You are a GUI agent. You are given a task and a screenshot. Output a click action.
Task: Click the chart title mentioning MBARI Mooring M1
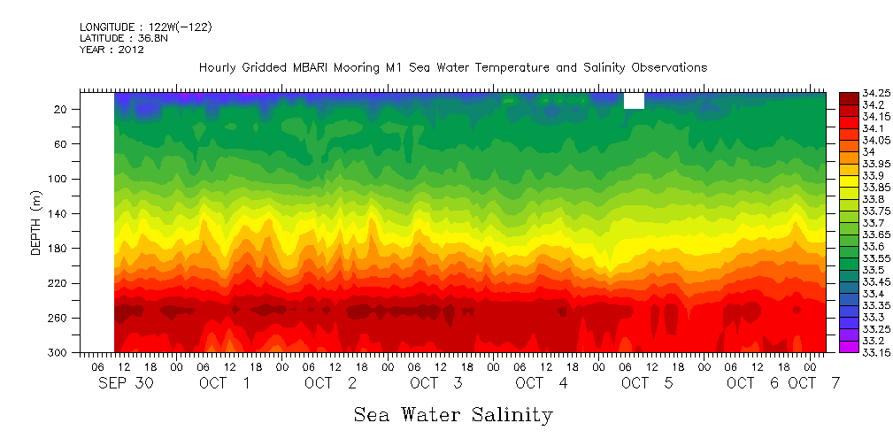click(453, 67)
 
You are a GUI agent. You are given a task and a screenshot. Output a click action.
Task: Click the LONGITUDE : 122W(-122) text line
click(145, 27)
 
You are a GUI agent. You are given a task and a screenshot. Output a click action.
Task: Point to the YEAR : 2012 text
click(112, 50)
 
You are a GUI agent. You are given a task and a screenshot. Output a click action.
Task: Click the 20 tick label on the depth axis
click(62, 109)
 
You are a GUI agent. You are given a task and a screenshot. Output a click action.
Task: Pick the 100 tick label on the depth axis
click(59, 179)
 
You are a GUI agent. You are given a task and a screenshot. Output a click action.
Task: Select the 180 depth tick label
click(59, 249)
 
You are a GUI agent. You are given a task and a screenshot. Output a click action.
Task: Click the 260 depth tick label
click(59, 318)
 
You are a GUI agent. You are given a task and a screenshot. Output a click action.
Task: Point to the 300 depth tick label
click(59, 352)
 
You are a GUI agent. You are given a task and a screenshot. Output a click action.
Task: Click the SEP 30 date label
click(123, 383)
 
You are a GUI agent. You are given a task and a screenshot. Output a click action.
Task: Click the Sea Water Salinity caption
click(453, 414)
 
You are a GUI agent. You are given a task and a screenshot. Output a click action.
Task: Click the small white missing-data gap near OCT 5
click(634, 101)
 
